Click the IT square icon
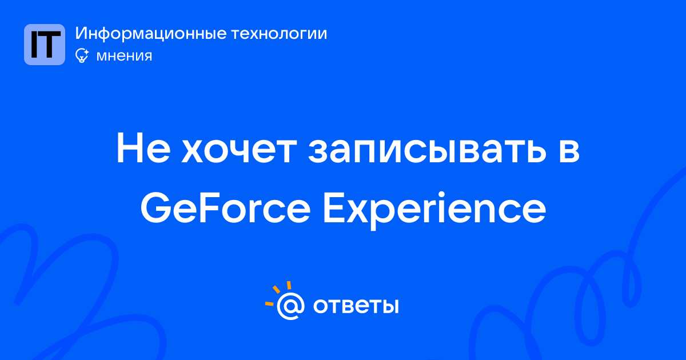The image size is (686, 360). pyautogui.click(x=45, y=45)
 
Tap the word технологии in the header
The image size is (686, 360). pyautogui.click(x=279, y=34)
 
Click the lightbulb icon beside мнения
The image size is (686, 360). pyautogui.click(x=82, y=56)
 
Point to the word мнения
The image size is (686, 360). pyautogui.click(x=124, y=56)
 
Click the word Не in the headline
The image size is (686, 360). pyautogui.click(x=143, y=148)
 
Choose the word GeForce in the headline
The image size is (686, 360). pyautogui.click(x=225, y=209)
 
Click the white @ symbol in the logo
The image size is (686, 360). pyautogui.click(x=290, y=306)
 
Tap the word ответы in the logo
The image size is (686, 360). pyautogui.click(x=356, y=306)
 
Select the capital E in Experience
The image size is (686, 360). pyautogui.click(x=333, y=209)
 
